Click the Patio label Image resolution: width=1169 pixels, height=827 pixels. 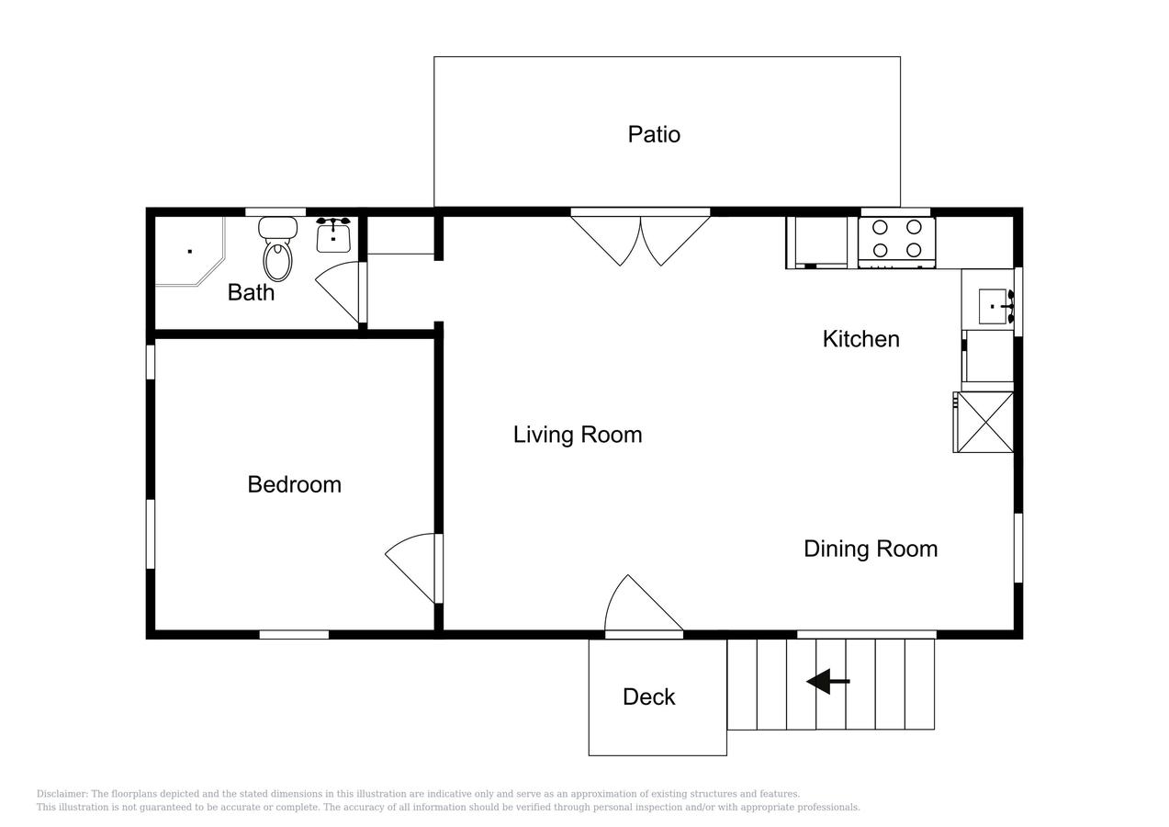(654, 135)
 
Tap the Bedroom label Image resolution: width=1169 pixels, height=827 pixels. (295, 484)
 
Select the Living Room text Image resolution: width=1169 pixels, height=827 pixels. (578, 435)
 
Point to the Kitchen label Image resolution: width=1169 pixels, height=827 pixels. (861, 339)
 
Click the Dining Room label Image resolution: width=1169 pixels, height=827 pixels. (871, 549)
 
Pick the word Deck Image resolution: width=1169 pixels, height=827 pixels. (648, 697)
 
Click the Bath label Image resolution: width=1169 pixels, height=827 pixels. (251, 292)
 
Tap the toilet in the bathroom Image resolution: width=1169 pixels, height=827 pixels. (277, 249)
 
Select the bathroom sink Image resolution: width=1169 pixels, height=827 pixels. (333, 235)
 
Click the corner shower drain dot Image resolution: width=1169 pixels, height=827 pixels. (190, 252)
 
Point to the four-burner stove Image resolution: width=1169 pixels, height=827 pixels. (896, 243)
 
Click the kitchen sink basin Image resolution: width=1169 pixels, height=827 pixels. (992, 307)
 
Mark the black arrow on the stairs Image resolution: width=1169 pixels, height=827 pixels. (828, 681)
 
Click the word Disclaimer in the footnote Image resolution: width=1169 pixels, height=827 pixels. (61, 794)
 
